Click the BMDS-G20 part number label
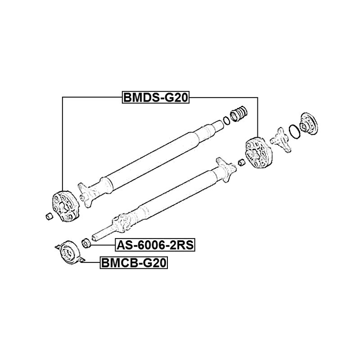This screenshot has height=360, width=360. tap(155, 98)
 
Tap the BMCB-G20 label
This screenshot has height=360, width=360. tap(133, 262)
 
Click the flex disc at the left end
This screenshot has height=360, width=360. tap(64, 207)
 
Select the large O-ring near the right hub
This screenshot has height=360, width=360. tap(293, 132)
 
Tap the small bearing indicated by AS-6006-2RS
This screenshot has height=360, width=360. tap(86, 243)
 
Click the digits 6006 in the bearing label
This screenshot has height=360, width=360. tap(148, 245)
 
